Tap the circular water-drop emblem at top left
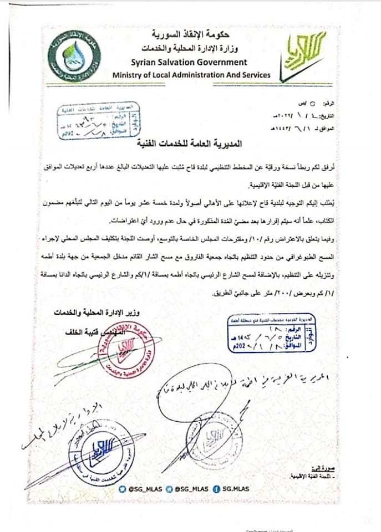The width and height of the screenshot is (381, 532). pyautogui.click(x=74, y=55)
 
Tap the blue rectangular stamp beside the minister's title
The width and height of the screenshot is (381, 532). pyautogui.click(x=275, y=333)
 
